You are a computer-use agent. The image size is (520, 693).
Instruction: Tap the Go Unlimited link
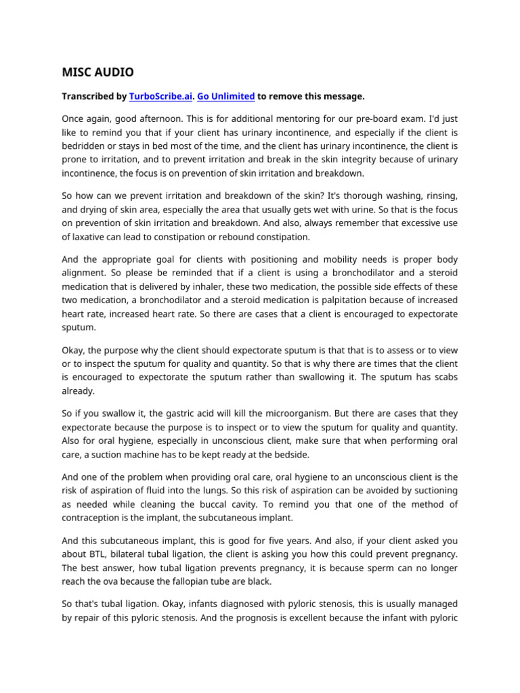226,97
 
